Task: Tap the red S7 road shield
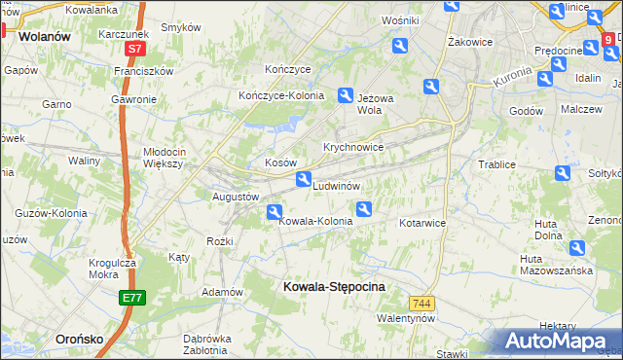click(134, 48)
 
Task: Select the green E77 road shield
click(132, 299)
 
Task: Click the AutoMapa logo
click(559, 341)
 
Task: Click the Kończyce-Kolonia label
click(281, 95)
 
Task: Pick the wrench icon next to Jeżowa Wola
click(346, 95)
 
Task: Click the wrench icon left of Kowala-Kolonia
click(275, 211)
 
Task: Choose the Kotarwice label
click(421, 223)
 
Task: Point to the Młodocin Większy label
click(177, 158)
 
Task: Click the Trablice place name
click(495, 164)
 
